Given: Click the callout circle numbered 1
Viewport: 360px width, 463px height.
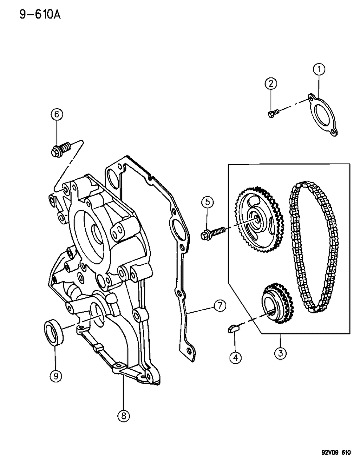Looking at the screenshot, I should tap(319, 68).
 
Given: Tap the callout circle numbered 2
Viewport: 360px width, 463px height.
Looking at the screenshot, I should tap(271, 84).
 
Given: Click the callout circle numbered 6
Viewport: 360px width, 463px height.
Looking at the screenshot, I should tap(56, 115).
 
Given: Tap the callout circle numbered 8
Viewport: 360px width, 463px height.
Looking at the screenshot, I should tap(123, 417).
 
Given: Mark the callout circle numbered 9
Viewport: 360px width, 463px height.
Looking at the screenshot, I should tap(56, 377).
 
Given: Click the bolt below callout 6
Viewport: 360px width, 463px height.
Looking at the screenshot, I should tap(62, 149).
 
